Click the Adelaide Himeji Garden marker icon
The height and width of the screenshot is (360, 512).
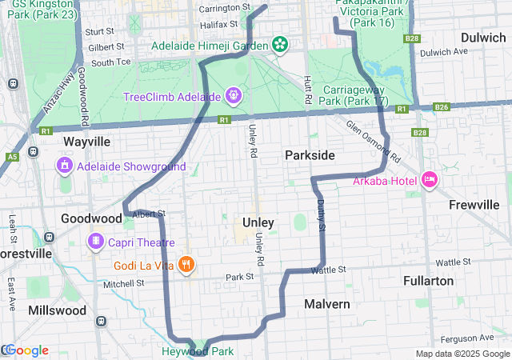coord(281,43)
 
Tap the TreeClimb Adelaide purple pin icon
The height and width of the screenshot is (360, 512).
coord(233,96)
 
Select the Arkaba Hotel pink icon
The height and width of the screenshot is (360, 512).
coord(428,179)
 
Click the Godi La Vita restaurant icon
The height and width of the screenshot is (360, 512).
coord(186,264)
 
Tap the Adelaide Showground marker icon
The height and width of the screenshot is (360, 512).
coord(65,166)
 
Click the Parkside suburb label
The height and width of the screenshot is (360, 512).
coord(310,154)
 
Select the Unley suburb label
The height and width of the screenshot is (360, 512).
coord(258,222)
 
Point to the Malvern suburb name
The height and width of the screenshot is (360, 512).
coord(326,304)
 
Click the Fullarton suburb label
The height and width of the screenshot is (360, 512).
coord(430,282)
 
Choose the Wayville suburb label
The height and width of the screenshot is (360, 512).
coord(86,141)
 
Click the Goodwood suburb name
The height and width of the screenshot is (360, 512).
coord(91,218)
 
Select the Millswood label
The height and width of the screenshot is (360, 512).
coord(56,310)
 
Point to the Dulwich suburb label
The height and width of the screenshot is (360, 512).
coord(483,38)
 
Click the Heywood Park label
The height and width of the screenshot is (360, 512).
coord(197,351)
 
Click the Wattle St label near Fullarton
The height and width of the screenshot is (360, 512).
coord(452,262)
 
